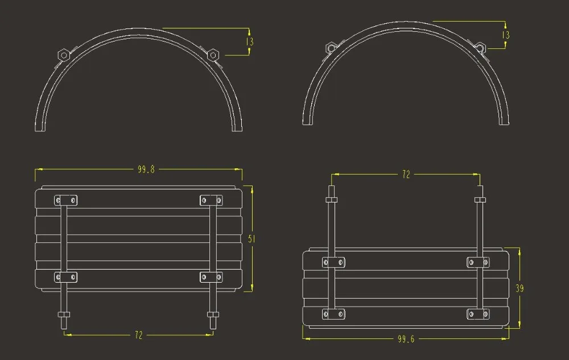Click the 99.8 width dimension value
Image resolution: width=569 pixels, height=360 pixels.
[x=146, y=169]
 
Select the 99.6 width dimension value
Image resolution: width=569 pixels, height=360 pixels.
[x=406, y=339]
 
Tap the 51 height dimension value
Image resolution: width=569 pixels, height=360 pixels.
[x=251, y=238]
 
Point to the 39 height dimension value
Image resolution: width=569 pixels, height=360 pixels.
[x=519, y=288]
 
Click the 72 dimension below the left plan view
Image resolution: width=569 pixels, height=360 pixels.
[x=139, y=335]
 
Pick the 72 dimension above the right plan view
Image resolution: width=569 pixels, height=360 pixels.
[x=406, y=175]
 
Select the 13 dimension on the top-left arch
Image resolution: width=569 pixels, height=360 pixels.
[x=250, y=42]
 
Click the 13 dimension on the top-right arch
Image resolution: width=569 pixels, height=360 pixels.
[x=505, y=35]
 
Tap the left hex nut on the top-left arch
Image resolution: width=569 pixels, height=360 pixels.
[x=64, y=55]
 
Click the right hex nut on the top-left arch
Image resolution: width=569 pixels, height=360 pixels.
[x=213, y=55]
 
